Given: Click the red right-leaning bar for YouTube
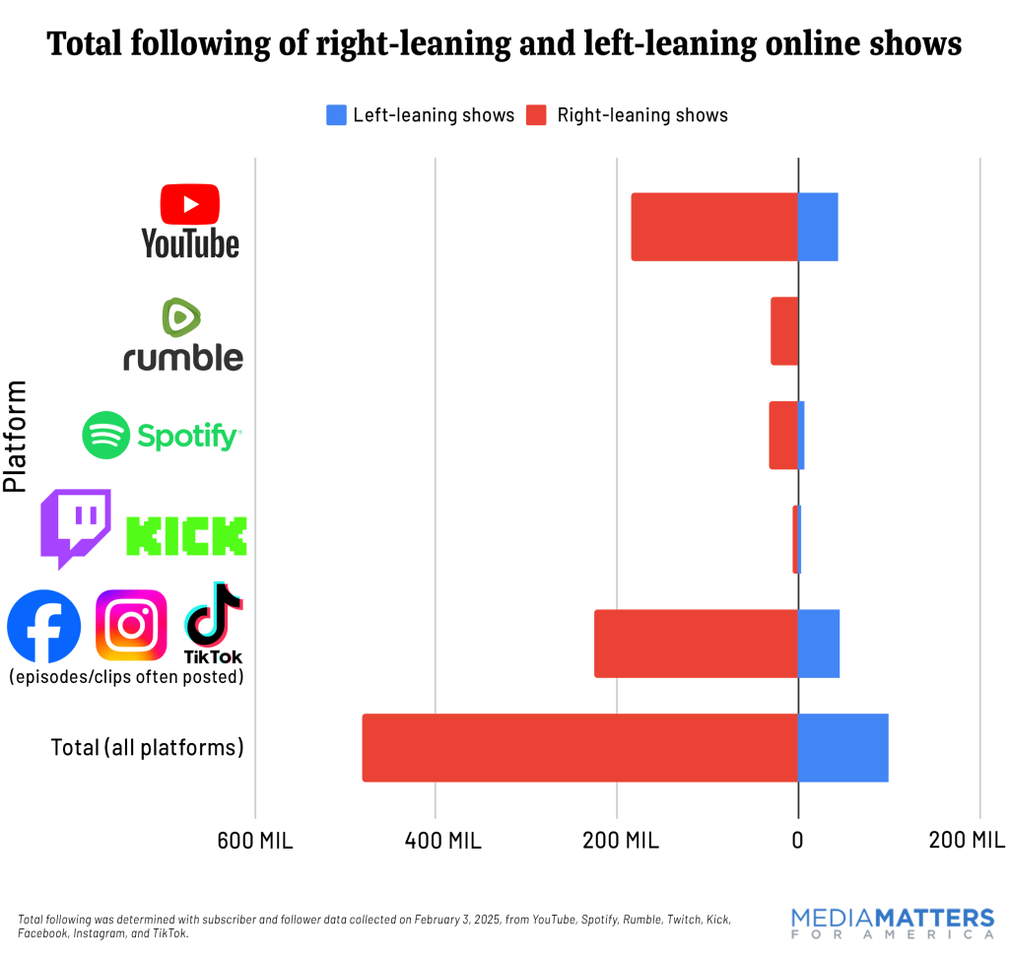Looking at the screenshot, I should (714, 227).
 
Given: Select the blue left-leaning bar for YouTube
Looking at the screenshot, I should (818, 227).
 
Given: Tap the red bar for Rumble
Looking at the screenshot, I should (784, 331).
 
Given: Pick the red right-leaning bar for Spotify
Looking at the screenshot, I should (783, 435).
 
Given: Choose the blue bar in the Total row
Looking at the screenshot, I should (842, 747).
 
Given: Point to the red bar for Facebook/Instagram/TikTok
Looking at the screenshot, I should (696, 644).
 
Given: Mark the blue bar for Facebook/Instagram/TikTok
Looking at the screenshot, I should (819, 644).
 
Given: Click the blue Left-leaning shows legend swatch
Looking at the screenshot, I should (336, 115).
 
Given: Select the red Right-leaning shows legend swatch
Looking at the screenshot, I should (536, 115).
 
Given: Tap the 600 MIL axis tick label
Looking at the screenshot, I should (255, 841).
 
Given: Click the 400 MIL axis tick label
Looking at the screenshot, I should (436, 841).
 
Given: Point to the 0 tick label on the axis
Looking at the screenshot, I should (797, 841).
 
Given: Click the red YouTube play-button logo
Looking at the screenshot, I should (190, 204).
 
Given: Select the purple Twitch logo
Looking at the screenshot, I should (75, 528).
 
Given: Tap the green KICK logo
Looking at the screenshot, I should (186, 535).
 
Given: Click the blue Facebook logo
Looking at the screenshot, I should (44, 626).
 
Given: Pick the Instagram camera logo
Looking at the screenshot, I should (131, 625).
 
